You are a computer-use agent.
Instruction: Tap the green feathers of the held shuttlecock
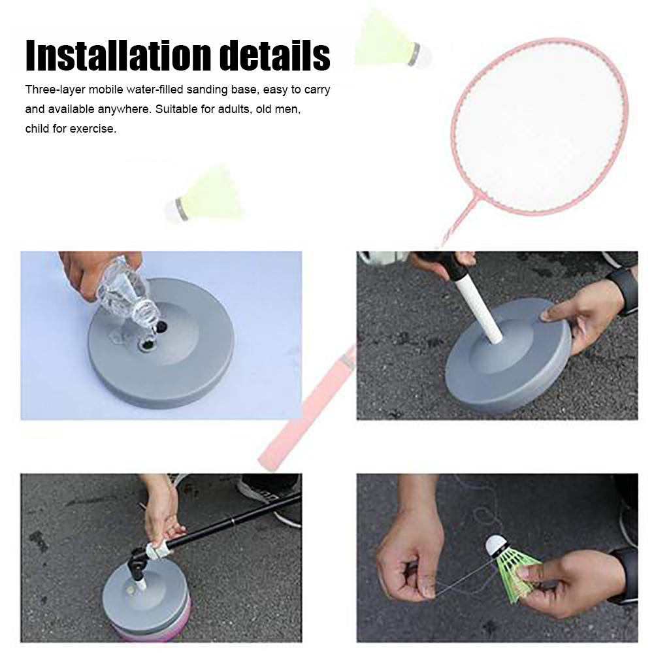(519, 572)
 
